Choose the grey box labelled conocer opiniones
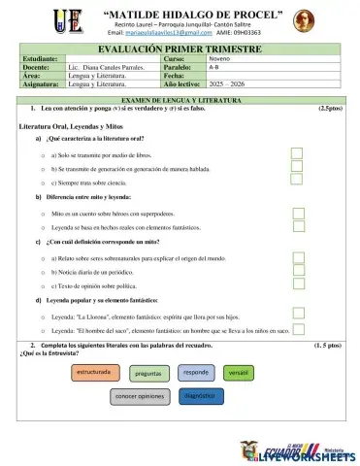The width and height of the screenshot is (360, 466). [140, 397]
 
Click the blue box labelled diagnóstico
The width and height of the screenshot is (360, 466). [198, 396]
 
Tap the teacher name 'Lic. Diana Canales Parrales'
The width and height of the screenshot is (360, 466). [105, 67]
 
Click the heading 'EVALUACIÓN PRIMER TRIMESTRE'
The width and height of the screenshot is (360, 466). [179, 48]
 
